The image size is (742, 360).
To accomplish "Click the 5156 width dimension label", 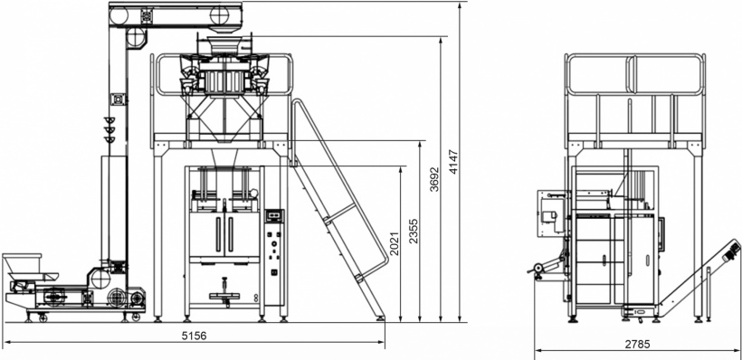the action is point(195,336).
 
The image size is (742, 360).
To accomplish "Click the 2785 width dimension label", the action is point(637,344).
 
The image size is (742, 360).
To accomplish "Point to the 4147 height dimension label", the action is point(453,162).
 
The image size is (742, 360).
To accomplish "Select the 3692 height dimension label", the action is point(434,179).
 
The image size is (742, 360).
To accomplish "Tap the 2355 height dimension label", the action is point(414,231).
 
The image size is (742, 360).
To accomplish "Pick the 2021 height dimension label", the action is point(395,242).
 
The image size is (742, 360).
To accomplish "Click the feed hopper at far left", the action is point(23,262).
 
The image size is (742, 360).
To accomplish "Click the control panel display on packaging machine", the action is point(273,215).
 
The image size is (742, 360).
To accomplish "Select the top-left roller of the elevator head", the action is point(119,16).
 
